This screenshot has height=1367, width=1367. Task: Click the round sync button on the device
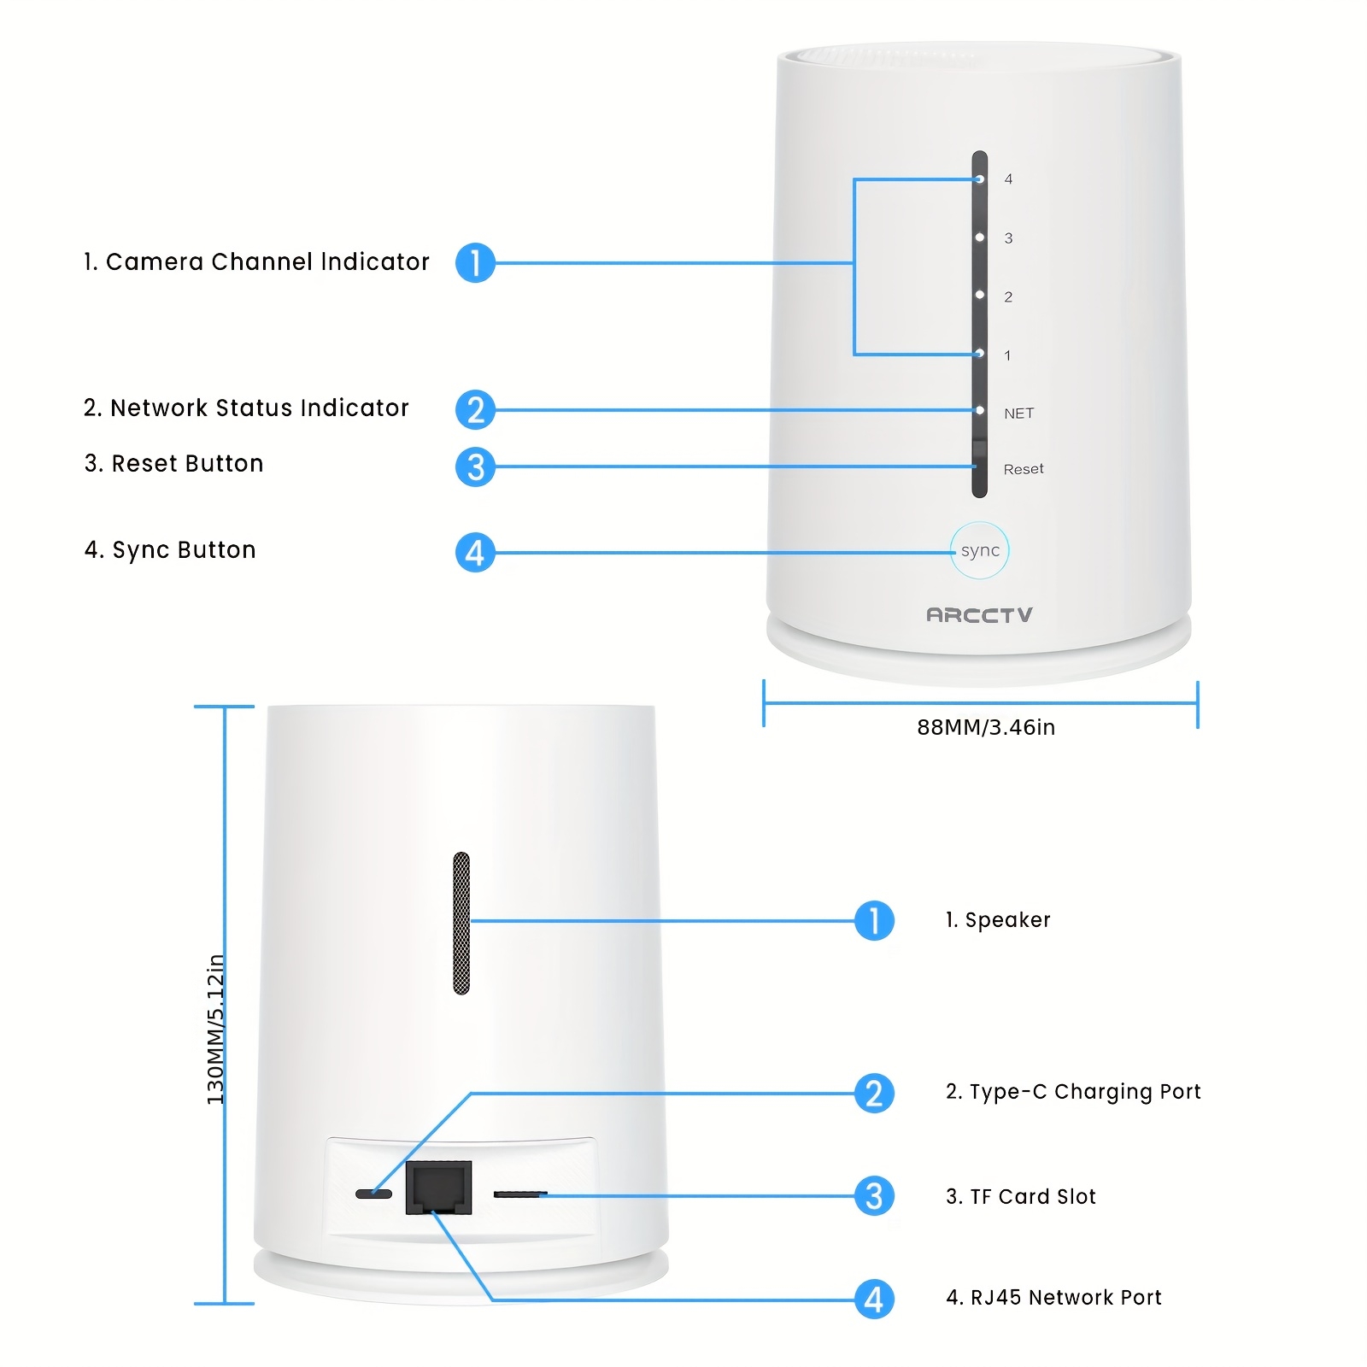pos(980,550)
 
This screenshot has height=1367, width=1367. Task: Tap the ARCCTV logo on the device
pos(979,615)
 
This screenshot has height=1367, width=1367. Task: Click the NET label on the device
pos(1018,414)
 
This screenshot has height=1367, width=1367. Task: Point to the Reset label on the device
pos(1024,469)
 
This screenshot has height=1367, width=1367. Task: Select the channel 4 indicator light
pos(980,179)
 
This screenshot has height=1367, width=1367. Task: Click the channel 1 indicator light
pos(980,354)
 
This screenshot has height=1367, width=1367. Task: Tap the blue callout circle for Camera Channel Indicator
pos(475,262)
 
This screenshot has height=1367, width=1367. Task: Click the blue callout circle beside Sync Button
pos(475,553)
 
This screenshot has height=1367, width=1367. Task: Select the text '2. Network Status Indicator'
pos(246,408)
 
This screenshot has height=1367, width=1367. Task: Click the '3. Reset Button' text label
pos(174,464)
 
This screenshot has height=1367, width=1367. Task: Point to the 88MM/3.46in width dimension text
pos(986,727)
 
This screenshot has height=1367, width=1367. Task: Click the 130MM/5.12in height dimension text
pos(216,1029)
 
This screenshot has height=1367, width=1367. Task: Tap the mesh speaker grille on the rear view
pos(461,923)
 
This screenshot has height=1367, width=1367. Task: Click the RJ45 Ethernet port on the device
pos(438,1188)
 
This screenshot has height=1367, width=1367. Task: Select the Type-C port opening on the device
pos(373,1194)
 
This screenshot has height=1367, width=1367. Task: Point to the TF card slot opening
pos(520,1194)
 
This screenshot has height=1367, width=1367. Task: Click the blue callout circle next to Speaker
pos(874,921)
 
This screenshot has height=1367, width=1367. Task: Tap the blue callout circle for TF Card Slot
pos(874,1196)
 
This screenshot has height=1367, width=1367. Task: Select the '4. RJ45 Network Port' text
pos(1053,1298)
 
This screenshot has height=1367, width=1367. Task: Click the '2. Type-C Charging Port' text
pos(1073,1092)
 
